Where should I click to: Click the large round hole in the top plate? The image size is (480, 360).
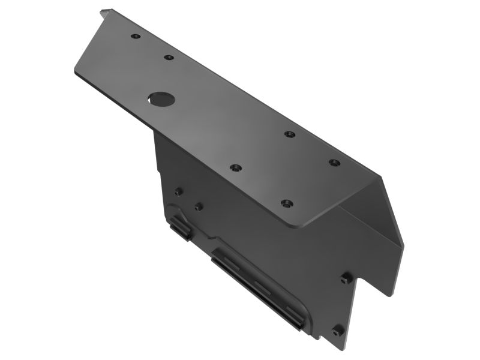click(162, 99)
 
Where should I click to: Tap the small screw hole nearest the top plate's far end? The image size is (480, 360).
click(136, 37)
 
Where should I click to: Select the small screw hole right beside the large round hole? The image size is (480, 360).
click(169, 58)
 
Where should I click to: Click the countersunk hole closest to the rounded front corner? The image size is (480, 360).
click(287, 204)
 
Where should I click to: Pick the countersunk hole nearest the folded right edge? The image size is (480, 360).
click(334, 163)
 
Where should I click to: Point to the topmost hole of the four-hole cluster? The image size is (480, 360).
click(290, 134)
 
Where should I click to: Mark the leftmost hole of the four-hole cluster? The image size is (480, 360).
click(236, 168)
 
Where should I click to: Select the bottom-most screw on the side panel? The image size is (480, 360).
click(337, 331)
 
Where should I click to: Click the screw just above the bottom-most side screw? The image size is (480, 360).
click(346, 279)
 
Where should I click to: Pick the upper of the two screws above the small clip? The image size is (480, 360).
click(178, 192)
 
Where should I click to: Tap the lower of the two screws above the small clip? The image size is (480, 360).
click(198, 206)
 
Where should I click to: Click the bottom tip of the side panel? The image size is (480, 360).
click(344, 350)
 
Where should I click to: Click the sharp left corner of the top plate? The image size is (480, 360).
click(75, 73)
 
